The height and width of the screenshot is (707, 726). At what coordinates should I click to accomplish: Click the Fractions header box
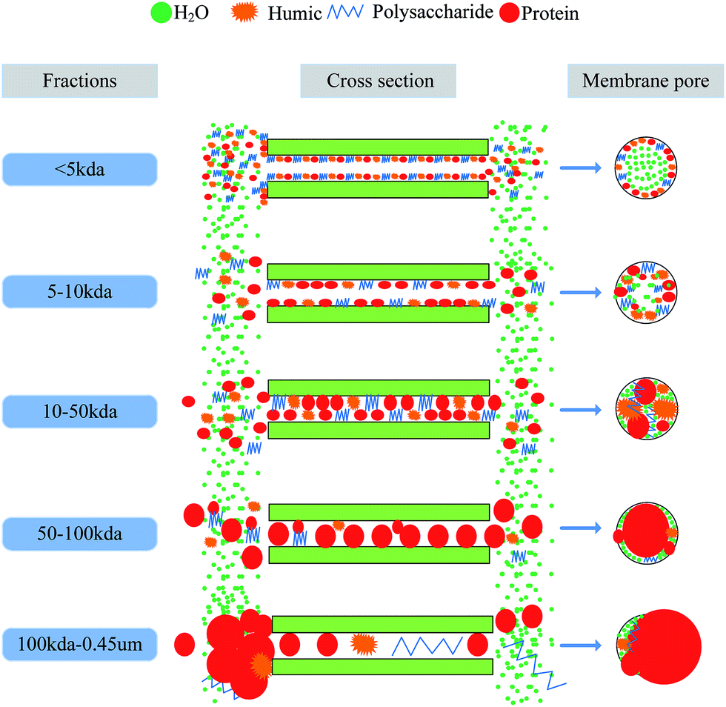coord(81,81)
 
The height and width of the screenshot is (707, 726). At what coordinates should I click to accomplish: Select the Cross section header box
coord(379,81)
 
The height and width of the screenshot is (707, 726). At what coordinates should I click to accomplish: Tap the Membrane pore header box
coord(645,81)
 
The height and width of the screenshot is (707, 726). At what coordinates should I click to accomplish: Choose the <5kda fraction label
coord(80,170)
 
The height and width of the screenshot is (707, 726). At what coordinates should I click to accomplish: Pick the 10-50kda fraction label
coord(80,411)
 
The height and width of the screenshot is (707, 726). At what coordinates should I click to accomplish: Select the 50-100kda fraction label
coord(80,533)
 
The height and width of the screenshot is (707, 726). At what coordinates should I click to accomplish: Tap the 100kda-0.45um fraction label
coord(80,645)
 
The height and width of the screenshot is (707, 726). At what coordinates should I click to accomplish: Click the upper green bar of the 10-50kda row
coord(379,388)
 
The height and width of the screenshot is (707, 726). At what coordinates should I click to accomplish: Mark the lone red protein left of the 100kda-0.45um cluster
coord(187,643)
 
